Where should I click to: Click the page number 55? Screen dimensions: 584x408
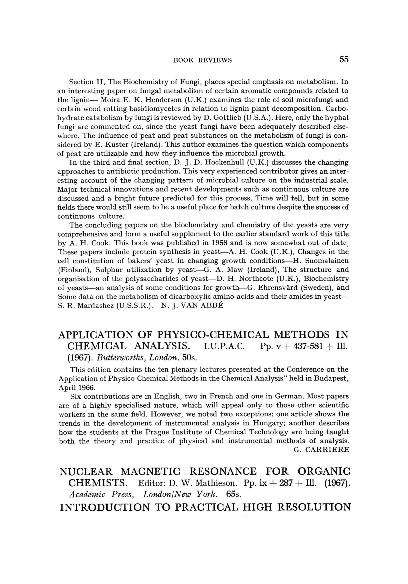point(343,60)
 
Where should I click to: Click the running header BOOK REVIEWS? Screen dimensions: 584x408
point(202,60)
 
